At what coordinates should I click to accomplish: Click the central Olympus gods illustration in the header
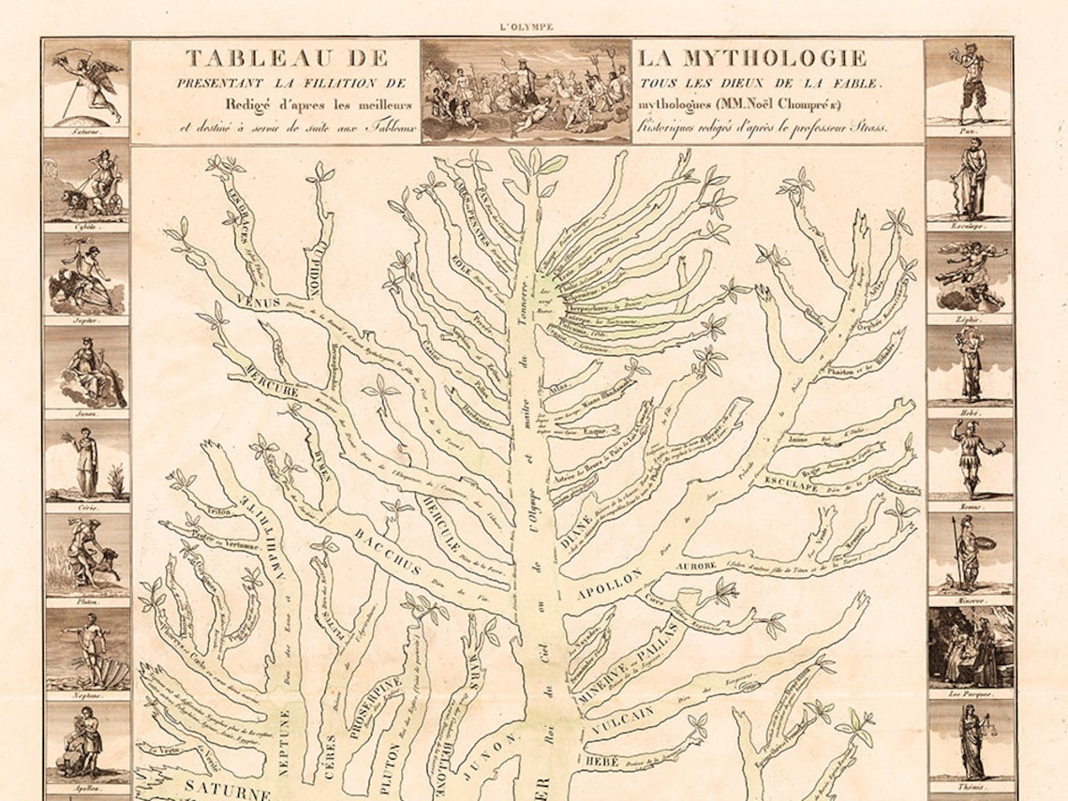[x=526, y=90]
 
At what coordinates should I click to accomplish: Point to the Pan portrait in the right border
[x=969, y=85]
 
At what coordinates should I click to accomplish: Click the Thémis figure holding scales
[x=970, y=740]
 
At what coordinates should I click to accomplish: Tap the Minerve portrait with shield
[x=970, y=552]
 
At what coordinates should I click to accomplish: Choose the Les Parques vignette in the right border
[x=970, y=647]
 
